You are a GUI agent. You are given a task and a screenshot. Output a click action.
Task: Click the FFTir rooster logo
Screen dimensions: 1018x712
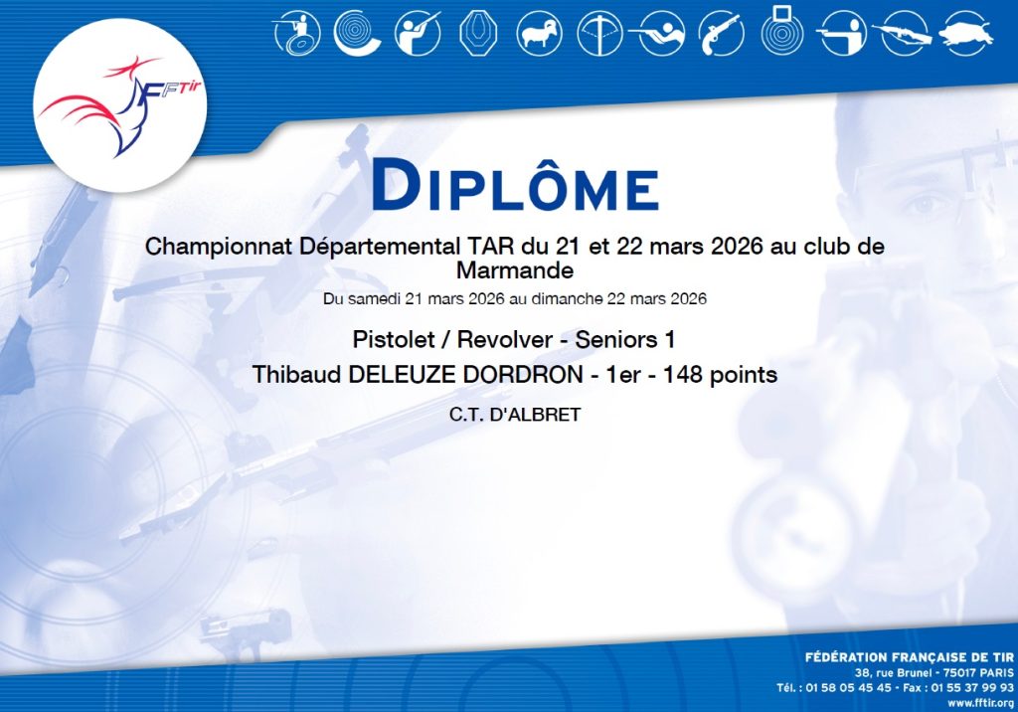[120, 105]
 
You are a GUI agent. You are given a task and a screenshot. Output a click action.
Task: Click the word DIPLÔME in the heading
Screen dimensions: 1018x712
[516, 186]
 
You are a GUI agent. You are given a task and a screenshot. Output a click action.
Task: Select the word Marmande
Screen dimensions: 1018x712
[515, 269]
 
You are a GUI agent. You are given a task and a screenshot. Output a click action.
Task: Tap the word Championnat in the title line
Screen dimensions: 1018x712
[219, 248]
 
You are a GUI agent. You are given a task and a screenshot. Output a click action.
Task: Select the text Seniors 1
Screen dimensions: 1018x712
[625, 339]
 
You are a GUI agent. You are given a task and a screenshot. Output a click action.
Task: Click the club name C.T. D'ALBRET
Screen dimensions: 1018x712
[515, 415]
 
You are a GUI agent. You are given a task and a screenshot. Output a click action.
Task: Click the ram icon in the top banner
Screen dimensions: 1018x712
[539, 33]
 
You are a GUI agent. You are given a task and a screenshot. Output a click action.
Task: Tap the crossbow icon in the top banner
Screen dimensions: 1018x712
[599, 33]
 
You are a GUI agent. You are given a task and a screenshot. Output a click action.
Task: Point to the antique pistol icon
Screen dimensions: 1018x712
[721, 33]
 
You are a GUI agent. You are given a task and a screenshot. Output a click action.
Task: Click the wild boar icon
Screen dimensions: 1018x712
[966, 33]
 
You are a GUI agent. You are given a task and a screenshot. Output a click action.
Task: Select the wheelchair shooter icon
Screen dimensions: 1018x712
[297, 33]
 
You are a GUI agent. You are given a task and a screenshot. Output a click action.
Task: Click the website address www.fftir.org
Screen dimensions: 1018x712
[980, 703]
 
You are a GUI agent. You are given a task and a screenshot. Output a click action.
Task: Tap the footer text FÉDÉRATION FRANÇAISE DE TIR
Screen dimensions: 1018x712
[909, 657]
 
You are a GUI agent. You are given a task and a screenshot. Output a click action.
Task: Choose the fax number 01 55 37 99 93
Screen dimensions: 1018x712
[971, 687]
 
